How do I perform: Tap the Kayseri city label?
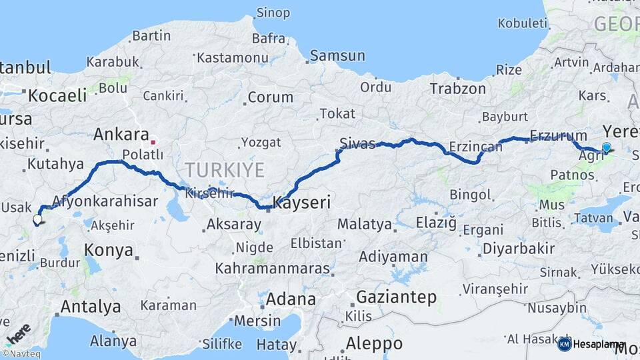pyautogui.click(x=302, y=203)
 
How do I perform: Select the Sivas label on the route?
pyautogui.click(x=357, y=143)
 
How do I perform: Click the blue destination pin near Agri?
pyautogui.click(x=606, y=148)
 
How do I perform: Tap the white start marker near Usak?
pyautogui.click(x=37, y=219)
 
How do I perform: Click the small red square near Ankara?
pyautogui.click(x=153, y=141)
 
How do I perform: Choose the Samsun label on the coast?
pyautogui.click(x=337, y=56)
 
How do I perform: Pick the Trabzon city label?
pyautogui.click(x=457, y=89)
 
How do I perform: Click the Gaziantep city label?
pyautogui.click(x=396, y=297)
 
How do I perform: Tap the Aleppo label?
pyautogui.click(x=374, y=343)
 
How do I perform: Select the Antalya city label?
pyautogui.click(x=91, y=307)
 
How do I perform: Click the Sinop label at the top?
pyautogui.click(x=273, y=13)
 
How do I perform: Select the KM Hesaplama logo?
pyautogui.click(x=591, y=344)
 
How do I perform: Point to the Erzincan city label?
pyautogui.click(x=475, y=146)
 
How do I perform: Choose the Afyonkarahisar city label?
pyautogui.click(x=105, y=201)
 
